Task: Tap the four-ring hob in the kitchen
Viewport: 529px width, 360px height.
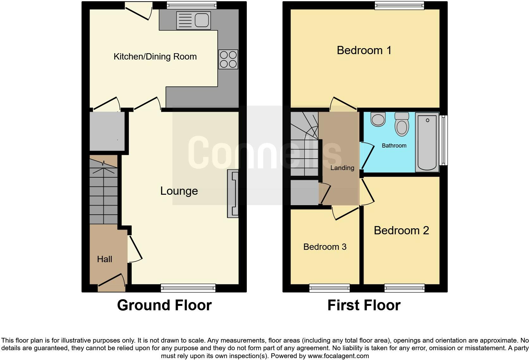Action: [x=228, y=60]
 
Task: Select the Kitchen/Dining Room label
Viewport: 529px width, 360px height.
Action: [x=155, y=57]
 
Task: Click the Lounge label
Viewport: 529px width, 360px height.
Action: [x=179, y=191]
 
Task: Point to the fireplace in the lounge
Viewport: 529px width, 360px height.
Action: [x=233, y=194]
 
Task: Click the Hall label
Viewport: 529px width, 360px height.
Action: [x=104, y=259]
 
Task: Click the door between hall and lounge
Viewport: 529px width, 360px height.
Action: [x=135, y=249]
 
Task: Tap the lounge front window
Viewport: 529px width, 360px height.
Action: [x=188, y=288]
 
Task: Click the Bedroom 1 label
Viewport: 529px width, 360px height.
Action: [x=364, y=50]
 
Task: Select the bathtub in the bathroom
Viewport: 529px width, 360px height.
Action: [x=427, y=142]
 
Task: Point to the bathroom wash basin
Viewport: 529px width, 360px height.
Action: [x=378, y=119]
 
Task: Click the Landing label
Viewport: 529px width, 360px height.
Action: [x=342, y=168]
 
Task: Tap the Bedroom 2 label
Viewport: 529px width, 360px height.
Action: [x=401, y=230]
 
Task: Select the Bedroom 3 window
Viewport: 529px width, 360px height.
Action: [x=329, y=288]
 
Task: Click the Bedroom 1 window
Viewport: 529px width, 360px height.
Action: [x=399, y=5]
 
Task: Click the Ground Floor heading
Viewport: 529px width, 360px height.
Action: [x=164, y=305]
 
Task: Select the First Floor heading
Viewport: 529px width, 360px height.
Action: [x=364, y=305]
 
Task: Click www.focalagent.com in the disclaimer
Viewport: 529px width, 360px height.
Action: [x=338, y=356]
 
